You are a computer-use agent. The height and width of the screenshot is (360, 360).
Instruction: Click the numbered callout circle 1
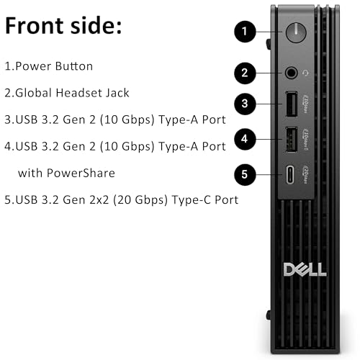coord(246,32)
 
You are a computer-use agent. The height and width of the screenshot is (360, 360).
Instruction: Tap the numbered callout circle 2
coord(246,72)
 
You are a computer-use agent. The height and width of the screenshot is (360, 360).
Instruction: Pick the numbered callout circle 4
coord(246,138)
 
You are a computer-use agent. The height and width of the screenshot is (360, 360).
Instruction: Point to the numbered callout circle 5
coord(246,174)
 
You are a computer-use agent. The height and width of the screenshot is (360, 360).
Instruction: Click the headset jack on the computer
coord(291,72)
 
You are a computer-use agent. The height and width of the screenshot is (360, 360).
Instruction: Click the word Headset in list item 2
coord(89,93)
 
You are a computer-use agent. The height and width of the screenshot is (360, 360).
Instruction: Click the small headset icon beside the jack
coord(307,72)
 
